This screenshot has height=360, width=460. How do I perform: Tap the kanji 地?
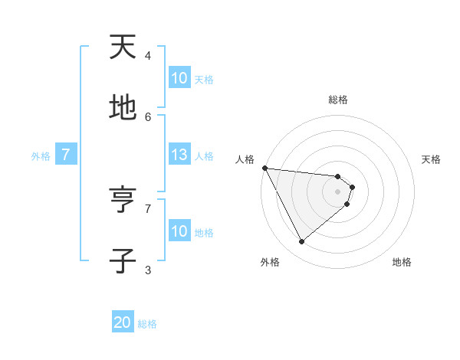[x=123, y=109]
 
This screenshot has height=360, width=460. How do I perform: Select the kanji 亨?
[x=123, y=201]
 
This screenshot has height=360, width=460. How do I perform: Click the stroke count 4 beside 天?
[x=148, y=56]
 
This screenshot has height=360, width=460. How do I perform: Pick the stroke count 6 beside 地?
[x=148, y=116]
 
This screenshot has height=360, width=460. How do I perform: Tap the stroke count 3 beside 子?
[x=148, y=270]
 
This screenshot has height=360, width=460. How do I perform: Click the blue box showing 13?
[x=179, y=155]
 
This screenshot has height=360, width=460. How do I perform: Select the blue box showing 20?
[x=123, y=322]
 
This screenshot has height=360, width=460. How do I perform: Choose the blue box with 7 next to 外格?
[x=66, y=155]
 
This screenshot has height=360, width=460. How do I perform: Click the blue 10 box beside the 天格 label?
[x=179, y=78]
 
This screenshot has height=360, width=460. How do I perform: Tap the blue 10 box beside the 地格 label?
[x=179, y=231]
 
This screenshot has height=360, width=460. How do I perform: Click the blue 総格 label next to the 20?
[x=147, y=324]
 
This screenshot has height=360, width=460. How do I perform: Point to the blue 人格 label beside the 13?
[x=204, y=156]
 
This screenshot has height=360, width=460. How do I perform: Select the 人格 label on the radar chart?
[x=245, y=159]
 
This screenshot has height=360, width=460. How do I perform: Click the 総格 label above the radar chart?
[x=338, y=100]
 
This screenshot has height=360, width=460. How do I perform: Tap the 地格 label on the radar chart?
[x=402, y=262]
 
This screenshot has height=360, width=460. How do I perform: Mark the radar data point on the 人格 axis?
[x=264, y=168]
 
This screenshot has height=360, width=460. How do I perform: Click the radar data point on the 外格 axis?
[x=301, y=242]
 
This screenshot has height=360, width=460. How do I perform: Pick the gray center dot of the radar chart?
[x=338, y=191]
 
